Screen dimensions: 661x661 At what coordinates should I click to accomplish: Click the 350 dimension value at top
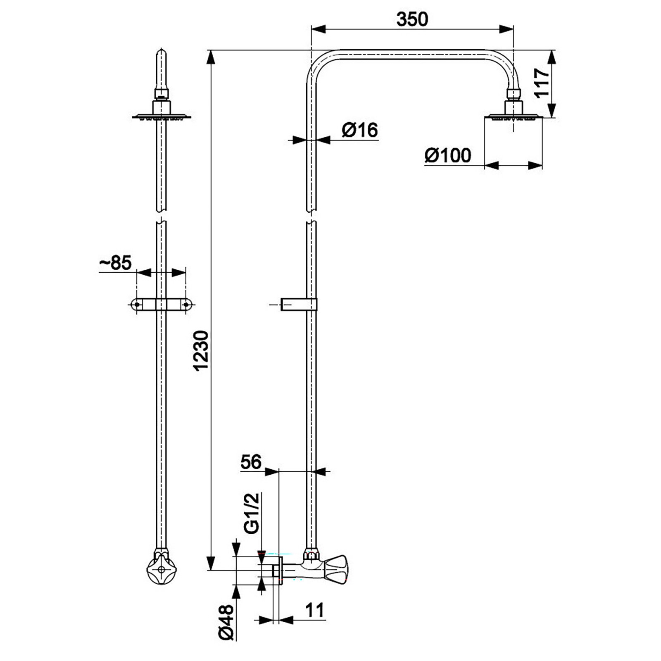(412, 19)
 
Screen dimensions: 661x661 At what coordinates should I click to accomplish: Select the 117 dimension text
(542, 83)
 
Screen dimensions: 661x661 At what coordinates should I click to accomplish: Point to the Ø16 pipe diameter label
(359, 130)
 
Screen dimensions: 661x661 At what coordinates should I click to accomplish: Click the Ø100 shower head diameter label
(447, 155)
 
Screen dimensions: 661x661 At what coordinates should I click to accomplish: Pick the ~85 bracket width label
(116, 263)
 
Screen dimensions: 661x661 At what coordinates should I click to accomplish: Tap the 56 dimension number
(251, 462)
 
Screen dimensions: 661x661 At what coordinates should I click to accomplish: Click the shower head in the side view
(513, 117)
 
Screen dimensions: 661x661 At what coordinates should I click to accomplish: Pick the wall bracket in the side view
(298, 304)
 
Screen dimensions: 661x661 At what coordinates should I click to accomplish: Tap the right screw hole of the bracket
(186, 304)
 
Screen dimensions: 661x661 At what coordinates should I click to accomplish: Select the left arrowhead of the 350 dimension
(319, 29)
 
